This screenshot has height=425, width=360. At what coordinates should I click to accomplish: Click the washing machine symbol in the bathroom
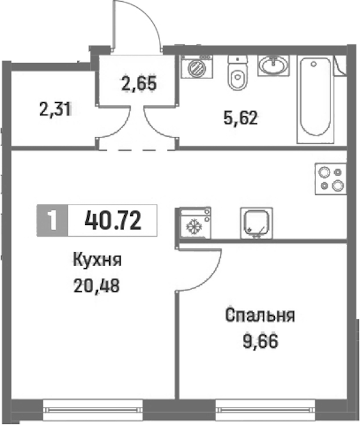tap(197, 67)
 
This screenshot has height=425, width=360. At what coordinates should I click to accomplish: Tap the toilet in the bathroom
tap(238, 73)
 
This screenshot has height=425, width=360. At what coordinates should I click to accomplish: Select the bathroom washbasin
tap(274, 65)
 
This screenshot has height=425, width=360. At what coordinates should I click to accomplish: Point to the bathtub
tap(316, 99)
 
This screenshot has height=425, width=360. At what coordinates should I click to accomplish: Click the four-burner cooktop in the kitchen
tap(331, 179)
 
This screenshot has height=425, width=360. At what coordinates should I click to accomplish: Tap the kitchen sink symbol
tap(257, 224)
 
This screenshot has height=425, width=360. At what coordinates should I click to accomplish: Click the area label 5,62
tap(241, 119)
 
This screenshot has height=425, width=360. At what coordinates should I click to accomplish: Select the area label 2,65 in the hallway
tap(139, 83)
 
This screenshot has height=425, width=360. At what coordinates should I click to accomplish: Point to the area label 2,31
tap(56, 110)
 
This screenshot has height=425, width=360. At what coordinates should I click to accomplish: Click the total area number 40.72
tap(113, 221)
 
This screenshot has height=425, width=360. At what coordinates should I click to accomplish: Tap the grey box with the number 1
tap(52, 221)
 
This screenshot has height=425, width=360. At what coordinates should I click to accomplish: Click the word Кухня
tap(97, 260)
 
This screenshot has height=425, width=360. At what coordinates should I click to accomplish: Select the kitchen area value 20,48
tap(97, 286)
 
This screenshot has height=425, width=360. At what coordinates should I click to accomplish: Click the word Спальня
tap(260, 315)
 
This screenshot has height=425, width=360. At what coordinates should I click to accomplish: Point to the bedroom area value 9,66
tap(260, 341)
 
